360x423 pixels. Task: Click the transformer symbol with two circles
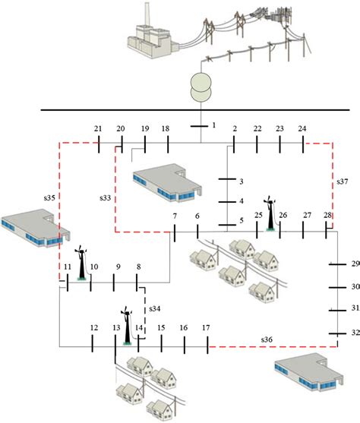point(200,86)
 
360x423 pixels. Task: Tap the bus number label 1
point(214,125)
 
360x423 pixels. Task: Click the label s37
point(342,182)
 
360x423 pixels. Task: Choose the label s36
point(265,338)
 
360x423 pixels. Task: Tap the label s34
point(154,308)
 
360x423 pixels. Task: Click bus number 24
point(303,128)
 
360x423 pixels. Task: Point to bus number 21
point(98,128)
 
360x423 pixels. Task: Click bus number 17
point(206,327)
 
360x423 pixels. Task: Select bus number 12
point(93,327)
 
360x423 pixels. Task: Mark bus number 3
point(241,182)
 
